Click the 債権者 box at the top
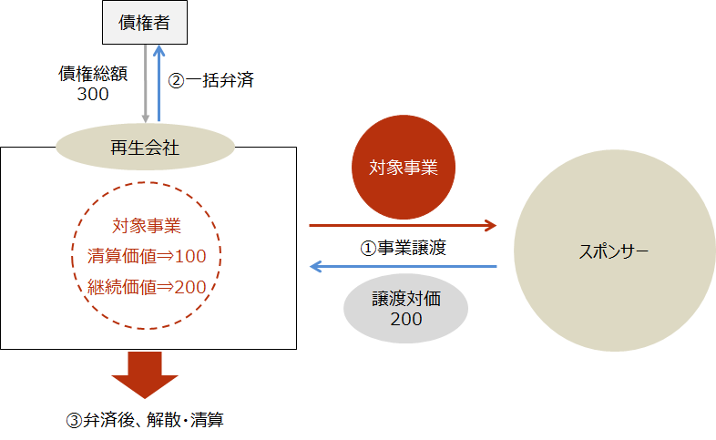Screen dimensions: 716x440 (145, 23)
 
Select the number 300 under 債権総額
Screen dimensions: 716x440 (93, 94)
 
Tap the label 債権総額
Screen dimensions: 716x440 (93, 74)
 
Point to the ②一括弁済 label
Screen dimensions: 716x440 (211, 80)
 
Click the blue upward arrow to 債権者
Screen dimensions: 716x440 (159, 83)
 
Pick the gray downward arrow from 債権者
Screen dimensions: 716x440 (145, 84)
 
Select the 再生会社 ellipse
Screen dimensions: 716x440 (145, 147)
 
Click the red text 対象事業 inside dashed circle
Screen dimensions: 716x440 (147, 226)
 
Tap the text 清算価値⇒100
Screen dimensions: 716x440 (147, 256)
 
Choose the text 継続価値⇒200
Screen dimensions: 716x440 (147, 287)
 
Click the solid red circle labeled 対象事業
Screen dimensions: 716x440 (404, 167)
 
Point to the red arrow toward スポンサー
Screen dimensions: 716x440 (403, 225)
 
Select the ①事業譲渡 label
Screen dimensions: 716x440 (404, 248)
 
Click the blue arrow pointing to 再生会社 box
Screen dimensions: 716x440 (404, 266)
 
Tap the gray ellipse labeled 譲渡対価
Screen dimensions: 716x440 (406, 308)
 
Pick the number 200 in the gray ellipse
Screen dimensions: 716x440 (406, 319)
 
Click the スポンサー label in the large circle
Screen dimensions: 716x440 (614, 251)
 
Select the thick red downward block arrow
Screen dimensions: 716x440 (145, 374)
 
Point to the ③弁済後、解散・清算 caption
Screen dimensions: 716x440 (145, 420)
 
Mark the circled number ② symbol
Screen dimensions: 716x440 (176, 81)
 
